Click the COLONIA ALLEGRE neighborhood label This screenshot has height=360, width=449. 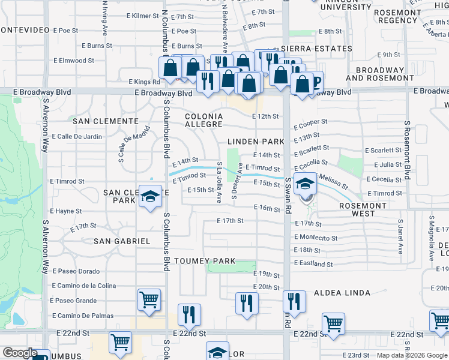click(x=203, y=120)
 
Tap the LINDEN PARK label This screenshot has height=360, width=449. click(x=256, y=142)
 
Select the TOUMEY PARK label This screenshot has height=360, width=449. click(x=204, y=262)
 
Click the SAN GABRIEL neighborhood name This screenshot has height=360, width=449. click(x=122, y=241)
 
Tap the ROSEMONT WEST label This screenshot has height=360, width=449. click(x=363, y=209)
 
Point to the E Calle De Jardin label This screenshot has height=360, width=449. click(x=77, y=136)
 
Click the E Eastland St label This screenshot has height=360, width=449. click(x=313, y=264)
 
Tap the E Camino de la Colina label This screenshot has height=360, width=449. click(x=84, y=286)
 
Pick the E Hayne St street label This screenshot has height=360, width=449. click(x=66, y=211)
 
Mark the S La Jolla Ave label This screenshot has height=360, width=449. click(x=220, y=182)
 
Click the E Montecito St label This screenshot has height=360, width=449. click(x=316, y=238)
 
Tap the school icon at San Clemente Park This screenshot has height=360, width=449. click(x=149, y=197)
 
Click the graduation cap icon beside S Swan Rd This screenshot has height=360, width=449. click(x=305, y=184)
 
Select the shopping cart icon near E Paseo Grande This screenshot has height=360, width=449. click(x=149, y=299)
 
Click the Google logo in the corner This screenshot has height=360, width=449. click(x=20, y=353)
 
